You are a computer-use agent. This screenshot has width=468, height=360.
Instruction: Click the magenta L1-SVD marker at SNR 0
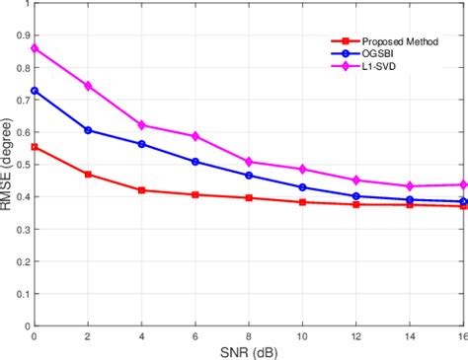coord(35,48)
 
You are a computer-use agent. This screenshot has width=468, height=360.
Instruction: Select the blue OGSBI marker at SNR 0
coord(35,91)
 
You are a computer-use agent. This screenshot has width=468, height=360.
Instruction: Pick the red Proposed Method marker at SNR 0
coord(35,147)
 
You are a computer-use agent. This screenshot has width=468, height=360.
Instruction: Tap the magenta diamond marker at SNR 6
coord(195,136)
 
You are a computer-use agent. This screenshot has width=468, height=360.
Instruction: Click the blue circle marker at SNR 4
coord(142,144)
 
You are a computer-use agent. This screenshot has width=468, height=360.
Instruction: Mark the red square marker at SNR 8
coord(249,198)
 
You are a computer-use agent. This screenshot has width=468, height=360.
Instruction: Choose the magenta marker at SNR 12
coord(356,180)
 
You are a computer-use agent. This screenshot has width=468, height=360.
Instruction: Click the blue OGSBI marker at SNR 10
coord(302,187)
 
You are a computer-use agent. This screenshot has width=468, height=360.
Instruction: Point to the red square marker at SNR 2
coord(88,175)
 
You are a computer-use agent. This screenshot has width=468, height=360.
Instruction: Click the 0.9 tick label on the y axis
coord(20,35)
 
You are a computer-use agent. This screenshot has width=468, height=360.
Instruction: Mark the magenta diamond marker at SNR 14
coord(410,186)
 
